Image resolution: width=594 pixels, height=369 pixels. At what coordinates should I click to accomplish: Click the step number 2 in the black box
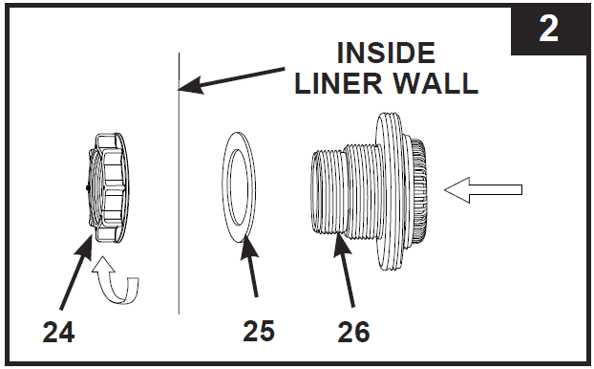tap(548, 30)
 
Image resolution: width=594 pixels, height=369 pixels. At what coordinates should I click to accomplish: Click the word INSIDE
tap(386, 53)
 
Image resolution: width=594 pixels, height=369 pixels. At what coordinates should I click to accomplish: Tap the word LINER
tap(339, 83)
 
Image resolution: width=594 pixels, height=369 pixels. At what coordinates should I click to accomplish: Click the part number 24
tap(58, 332)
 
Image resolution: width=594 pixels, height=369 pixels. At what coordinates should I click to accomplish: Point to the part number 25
tap(259, 331)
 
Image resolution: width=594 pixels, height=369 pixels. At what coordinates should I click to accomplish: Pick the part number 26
tap(353, 332)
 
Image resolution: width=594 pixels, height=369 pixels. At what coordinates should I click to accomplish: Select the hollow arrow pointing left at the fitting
tap(483, 189)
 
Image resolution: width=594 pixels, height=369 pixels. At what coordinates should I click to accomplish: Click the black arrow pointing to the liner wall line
tap(231, 79)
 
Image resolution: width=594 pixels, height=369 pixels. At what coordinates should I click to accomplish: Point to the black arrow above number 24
tap(76, 271)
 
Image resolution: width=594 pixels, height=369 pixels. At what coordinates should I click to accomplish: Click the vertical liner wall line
tap(179, 184)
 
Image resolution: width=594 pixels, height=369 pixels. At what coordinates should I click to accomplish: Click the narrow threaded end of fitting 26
tap(327, 191)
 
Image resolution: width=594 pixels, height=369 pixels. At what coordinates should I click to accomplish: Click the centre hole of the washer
tap(239, 187)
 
